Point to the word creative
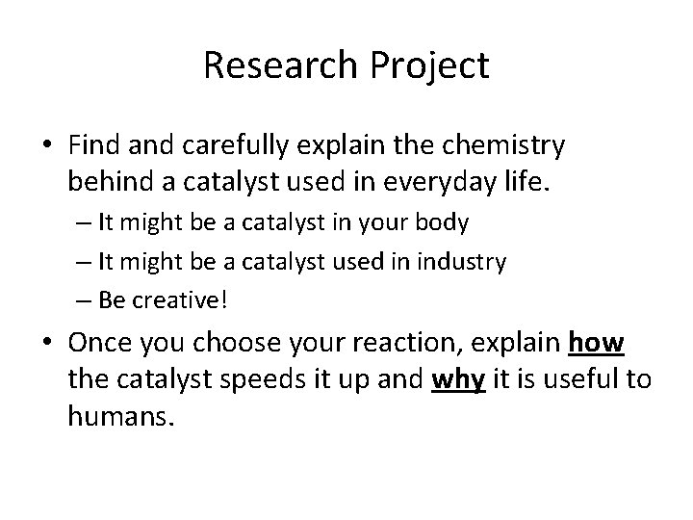coord(185,300)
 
